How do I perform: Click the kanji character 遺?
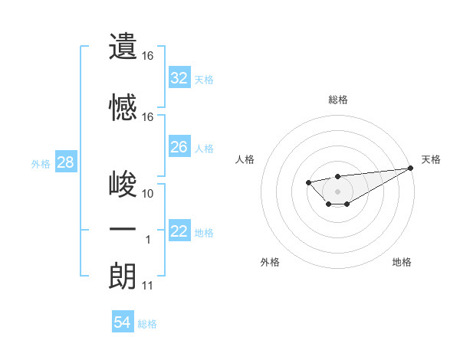point(123,47)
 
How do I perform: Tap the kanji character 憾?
point(123,108)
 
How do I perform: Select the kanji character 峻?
point(123,185)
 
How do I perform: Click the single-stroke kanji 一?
point(123,231)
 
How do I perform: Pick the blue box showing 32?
point(179,78)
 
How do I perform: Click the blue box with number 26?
point(179,147)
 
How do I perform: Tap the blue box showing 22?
point(179,231)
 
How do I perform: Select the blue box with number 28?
point(65,162)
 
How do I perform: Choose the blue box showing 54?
point(123,322)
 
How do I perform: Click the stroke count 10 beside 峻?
point(148,194)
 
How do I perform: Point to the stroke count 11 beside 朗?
point(148,286)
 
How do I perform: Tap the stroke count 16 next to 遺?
point(148,56)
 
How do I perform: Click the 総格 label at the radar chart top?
point(337,100)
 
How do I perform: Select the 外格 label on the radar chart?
point(270,262)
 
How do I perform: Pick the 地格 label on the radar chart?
point(402,262)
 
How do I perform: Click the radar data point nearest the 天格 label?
point(411,168)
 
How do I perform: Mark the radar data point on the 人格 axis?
point(308,182)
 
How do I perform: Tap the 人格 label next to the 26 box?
point(204,148)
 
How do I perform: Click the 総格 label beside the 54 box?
point(147,323)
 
